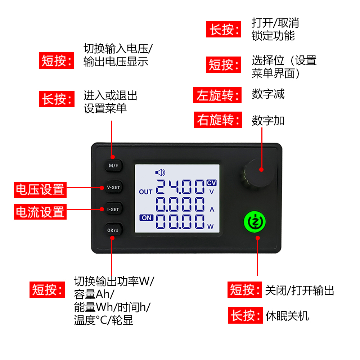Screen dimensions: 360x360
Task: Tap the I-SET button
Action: tap(113, 209)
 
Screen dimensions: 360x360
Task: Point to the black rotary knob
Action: tap(256, 175)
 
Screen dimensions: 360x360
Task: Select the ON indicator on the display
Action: tap(147, 217)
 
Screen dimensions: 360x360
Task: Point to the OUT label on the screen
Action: tap(146, 192)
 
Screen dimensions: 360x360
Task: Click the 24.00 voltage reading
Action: tap(181, 187)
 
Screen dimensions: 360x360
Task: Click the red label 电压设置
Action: tap(40, 190)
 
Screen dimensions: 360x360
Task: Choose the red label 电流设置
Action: tap(40, 212)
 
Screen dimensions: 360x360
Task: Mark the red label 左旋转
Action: tap(217, 95)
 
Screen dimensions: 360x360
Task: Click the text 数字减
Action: tap(268, 94)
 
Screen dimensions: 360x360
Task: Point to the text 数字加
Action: tap(268, 121)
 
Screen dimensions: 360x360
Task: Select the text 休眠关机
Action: tap(287, 316)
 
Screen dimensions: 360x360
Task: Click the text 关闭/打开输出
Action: tap(300, 290)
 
